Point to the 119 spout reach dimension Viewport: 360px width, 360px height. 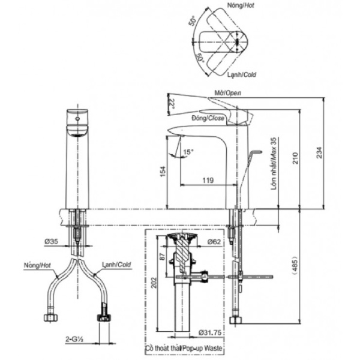pyautogui.click(x=208, y=179)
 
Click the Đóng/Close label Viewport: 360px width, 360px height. pyautogui.click(x=209, y=119)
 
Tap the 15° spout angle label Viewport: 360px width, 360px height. pyautogui.click(x=190, y=152)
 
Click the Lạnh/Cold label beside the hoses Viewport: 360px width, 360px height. pyautogui.click(x=115, y=264)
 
